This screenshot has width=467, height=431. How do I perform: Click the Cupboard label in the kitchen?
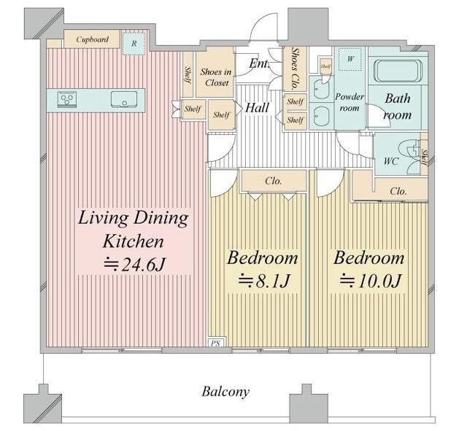coord(92,39)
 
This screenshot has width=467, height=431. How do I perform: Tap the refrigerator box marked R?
coord(134,44)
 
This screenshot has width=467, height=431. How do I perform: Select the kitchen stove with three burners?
coord(67,99)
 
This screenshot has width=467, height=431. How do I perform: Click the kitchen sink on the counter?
coord(124,99)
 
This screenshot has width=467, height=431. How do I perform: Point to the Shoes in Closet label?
coord(216,77)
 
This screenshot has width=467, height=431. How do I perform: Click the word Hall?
coord(257,107)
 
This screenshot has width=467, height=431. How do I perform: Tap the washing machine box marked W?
coord(350,58)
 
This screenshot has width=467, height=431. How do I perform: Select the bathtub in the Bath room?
coord(398,71)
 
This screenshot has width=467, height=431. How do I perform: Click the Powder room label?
coord(350,102)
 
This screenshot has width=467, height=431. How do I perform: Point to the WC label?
coord(391,161)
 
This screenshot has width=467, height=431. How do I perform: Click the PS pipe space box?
coord(217,342)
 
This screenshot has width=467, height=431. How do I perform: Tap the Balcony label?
coord(225,391)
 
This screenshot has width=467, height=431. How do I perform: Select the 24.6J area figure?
coord(134,264)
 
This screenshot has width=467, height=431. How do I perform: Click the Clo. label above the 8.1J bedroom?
coord(274,181)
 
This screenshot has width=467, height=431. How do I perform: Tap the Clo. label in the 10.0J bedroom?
coord(398,191)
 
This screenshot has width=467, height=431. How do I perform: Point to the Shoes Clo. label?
coord(295,68)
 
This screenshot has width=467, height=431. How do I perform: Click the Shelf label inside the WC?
coord(425,157)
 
